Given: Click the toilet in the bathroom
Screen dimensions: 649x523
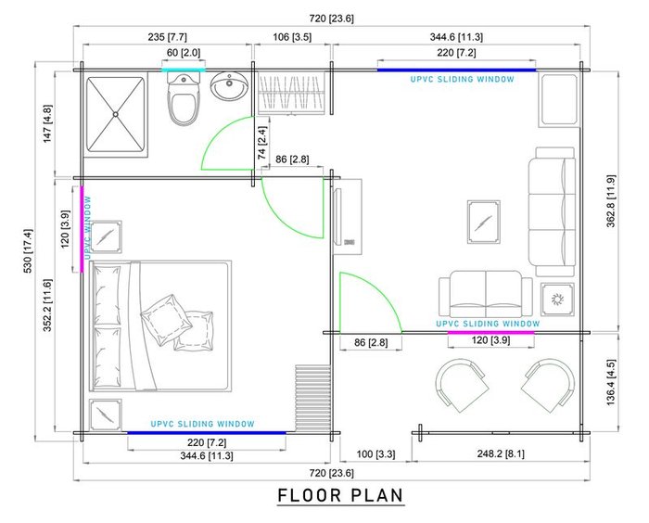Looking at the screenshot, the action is pos(184,100).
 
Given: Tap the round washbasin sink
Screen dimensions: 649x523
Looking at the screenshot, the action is pos(229,85).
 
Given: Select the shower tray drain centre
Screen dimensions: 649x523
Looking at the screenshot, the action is pos(116,114).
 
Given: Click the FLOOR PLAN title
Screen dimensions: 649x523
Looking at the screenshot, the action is pos(340,496).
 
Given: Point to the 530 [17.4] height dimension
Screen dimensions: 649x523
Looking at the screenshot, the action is pos(28,251).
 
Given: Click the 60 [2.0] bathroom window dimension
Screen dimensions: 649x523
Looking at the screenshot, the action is pos(184,53).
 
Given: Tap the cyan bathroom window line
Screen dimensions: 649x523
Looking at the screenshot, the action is pos(183,70).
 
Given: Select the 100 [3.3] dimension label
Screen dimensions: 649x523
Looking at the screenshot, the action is pos(375,454).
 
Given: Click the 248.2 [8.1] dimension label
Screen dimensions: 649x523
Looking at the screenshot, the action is pos(501,453).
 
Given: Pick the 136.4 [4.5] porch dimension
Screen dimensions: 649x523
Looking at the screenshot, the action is pos(611,382).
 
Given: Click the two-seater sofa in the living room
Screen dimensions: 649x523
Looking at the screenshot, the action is pos(486,295).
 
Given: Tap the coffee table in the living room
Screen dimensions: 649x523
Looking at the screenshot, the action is pos(483,222).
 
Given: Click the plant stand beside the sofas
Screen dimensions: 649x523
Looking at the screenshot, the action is pos(557,300).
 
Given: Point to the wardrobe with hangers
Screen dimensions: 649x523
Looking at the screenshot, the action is pos(291,93).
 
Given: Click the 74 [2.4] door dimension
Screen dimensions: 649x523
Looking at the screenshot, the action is pos(261,143).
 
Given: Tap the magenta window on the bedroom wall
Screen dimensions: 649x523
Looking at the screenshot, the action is pos(82,229).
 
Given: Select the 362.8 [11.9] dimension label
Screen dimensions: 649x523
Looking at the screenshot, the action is pos(611,201).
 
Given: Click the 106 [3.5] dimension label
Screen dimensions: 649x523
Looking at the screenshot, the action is pos(292,37).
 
